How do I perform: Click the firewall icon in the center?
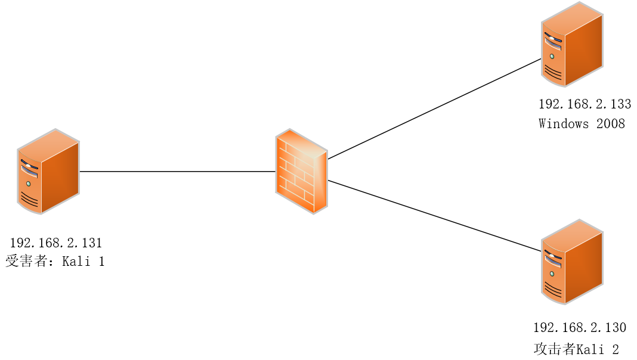click(x=302, y=171)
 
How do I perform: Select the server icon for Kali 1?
click(x=48, y=171)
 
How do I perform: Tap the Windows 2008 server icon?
click(x=572, y=45)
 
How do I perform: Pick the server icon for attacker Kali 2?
click(x=572, y=262)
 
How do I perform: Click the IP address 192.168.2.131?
click(x=56, y=243)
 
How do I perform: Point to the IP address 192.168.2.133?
click(x=585, y=104)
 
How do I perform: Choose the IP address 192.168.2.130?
click(x=580, y=327)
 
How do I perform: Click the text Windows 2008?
click(x=582, y=124)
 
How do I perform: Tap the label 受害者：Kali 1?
click(x=55, y=262)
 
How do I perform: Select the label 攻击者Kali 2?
click(x=576, y=349)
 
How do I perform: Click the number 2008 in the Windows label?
click(x=610, y=124)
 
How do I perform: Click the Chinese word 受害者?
click(x=27, y=262)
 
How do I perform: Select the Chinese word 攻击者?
click(x=554, y=349)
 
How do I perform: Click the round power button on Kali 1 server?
click(x=28, y=183)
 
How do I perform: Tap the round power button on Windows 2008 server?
click(x=552, y=56)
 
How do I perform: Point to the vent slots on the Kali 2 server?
click(x=553, y=290)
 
